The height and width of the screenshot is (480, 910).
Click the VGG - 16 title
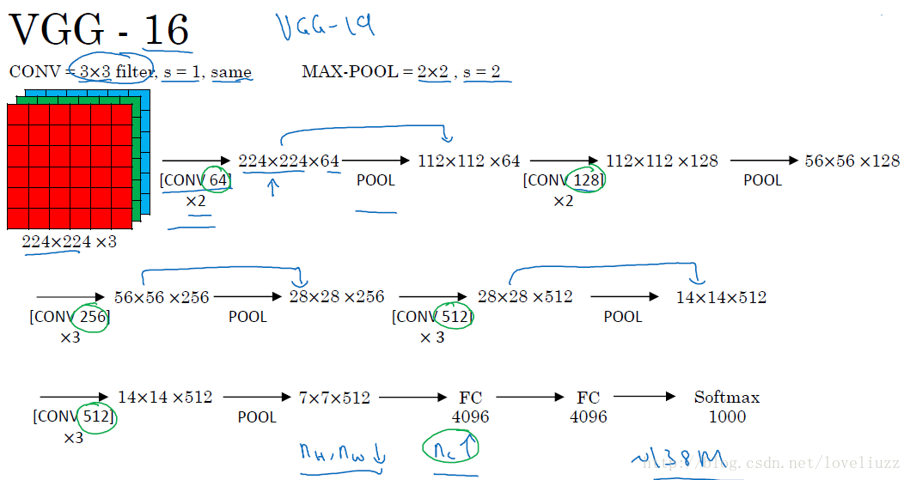click(x=99, y=30)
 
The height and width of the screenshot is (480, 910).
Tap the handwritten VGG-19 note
click(x=326, y=28)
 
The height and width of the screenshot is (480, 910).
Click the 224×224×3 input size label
click(x=69, y=242)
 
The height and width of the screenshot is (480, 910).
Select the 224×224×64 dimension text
click(x=289, y=161)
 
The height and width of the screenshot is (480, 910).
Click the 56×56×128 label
click(x=852, y=161)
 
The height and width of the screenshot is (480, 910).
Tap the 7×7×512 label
click(x=334, y=398)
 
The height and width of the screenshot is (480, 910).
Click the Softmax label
click(x=727, y=398)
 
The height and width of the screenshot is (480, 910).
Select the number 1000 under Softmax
click(x=727, y=417)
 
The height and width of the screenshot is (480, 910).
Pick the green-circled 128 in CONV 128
click(x=588, y=180)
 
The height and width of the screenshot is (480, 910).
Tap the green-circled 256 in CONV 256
click(x=92, y=317)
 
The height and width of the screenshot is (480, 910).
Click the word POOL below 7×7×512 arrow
click(x=257, y=417)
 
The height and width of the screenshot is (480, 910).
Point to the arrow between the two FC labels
click(x=529, y=397)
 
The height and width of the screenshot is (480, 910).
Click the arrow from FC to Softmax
click(x=645, y=397)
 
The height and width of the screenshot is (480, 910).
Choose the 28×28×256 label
click(x=336, y=297)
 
